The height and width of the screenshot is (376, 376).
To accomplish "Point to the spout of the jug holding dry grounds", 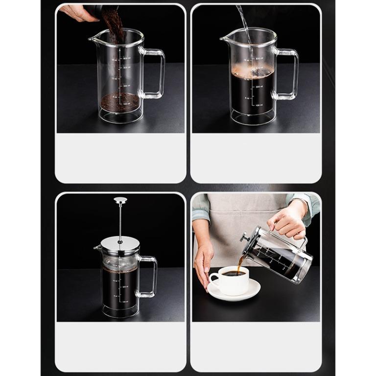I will (x=93, y=38).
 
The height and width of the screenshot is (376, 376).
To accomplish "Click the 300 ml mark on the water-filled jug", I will (x=258, y=86).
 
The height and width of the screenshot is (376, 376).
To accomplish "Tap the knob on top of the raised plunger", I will (x=120, y=200).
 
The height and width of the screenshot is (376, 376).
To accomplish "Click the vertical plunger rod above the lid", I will (x=120, y=220).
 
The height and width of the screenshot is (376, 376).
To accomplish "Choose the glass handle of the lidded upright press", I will (x=149, y=276).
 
